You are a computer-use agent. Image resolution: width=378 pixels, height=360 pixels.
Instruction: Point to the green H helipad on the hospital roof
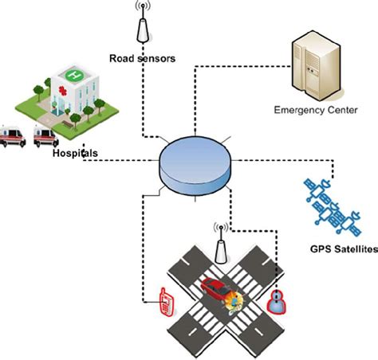pos(74,75)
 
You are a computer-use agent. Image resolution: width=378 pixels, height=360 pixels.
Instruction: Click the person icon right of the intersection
pos(276,301)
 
